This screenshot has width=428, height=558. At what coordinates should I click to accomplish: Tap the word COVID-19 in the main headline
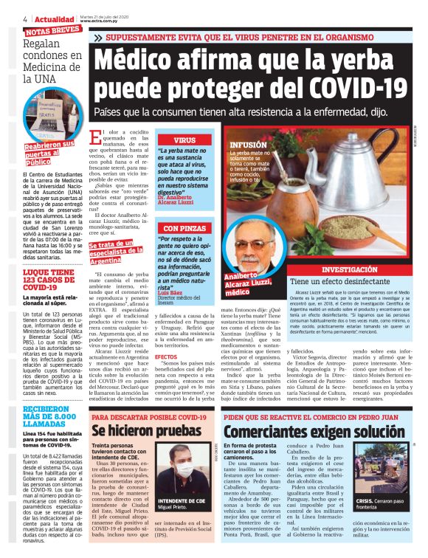(x=354, y=89)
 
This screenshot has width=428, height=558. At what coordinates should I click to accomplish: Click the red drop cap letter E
(x=95, y=139)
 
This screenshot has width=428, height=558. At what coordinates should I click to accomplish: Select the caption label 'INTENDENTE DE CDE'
(x=179, y=501)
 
